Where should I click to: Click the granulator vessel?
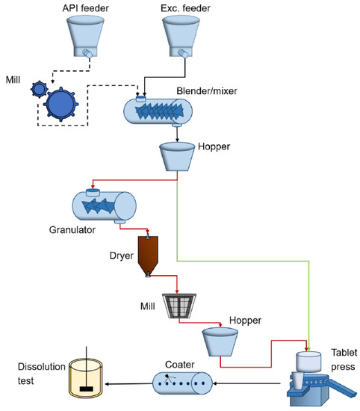[x=104, y=205]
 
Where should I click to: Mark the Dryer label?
[x=122, y=256]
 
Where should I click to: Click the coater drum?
[x=183, y=383]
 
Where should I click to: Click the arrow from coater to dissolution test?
[x=128, y=384]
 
